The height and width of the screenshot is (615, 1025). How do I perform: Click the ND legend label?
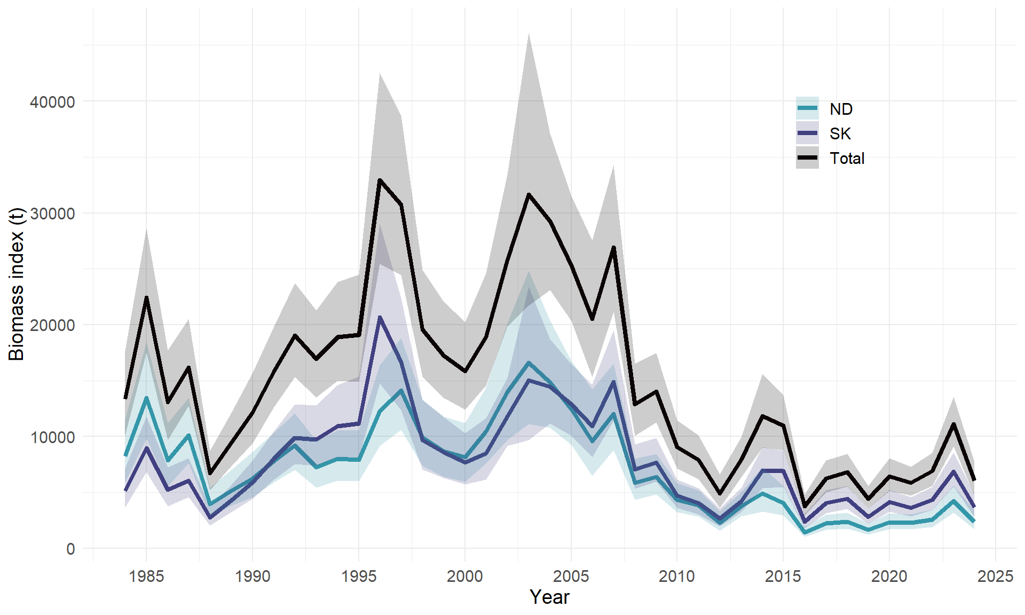[x=841, y=109]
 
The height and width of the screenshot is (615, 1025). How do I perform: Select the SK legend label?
[x=840, y=133]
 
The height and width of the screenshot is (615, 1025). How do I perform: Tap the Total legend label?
[x=847, y=158]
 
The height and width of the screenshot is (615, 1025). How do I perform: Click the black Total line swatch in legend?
[x=807, y=158]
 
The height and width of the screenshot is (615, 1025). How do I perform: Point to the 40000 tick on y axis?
[x=52, y=101]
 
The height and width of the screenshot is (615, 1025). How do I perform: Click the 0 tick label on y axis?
[x=70, y=549]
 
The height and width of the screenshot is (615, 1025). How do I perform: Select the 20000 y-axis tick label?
[x=52, y=325]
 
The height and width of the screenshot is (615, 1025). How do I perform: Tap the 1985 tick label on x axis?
[x=146, y=576]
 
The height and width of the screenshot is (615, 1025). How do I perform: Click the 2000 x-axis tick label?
[x=464, y=576]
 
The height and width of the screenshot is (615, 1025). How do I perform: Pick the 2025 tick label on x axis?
[x=995, y=576]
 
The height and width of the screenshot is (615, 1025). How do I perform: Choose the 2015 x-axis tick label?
[x=783, y=576]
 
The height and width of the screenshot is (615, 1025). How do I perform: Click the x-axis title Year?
[x=549, y=597]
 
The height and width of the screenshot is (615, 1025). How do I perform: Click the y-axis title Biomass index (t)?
[x=17, y=284]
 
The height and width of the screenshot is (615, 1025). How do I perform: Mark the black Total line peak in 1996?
[x=380, y=180]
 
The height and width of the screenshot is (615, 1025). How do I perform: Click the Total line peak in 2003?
[x=529, y=194]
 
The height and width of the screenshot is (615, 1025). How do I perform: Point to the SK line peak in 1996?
[x=380, y=317]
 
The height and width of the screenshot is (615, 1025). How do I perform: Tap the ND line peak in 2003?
[x=529, y=362]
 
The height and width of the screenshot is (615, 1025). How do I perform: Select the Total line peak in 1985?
[x=146, y=297]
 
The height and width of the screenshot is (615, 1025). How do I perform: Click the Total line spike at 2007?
[x=613, y=247]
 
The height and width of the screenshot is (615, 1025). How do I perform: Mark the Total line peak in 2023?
[x=953, y=424]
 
